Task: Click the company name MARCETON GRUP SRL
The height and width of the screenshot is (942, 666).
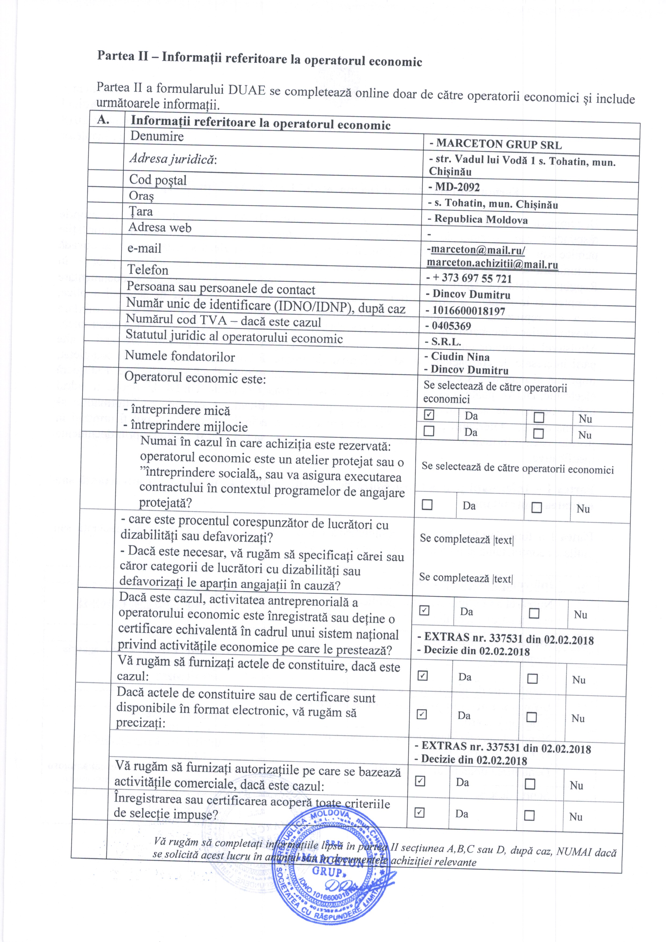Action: point(499,144)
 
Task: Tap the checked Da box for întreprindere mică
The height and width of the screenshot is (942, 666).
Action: point(429,415)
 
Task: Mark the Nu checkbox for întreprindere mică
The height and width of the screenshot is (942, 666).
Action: point(539,418)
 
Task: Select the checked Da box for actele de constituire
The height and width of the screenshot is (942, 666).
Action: point(422,675)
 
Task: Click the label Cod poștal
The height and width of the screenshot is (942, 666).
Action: point(158,180)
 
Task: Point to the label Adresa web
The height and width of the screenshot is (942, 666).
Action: point(160,227)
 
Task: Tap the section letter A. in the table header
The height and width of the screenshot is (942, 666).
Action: point(103,120)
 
